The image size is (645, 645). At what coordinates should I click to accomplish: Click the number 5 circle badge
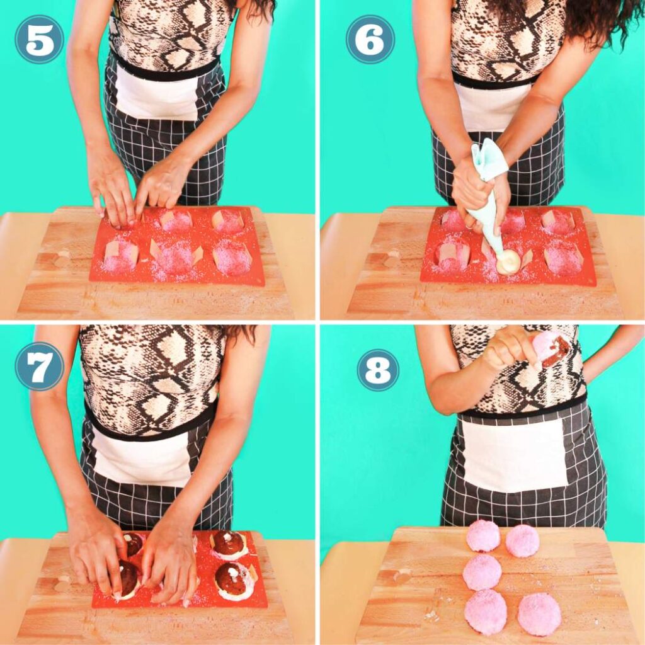coord(39,39)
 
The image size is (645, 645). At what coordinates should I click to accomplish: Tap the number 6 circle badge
coord(370,39)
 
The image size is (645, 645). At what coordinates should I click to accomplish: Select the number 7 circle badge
coord(39,366)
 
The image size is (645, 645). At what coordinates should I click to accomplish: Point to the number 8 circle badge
coord(378,370)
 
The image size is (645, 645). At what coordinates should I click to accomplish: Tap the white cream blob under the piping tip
coord(508,262)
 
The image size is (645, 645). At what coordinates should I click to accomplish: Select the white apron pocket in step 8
coord(514,455)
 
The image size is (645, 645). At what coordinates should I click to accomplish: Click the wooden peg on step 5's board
coord(63,258)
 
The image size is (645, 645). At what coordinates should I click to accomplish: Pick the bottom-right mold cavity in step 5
coord(231,258)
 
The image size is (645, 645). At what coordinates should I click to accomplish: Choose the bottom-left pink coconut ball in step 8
coord(486,612)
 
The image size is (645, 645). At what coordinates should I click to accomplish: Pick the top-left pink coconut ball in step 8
coord(483,536)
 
